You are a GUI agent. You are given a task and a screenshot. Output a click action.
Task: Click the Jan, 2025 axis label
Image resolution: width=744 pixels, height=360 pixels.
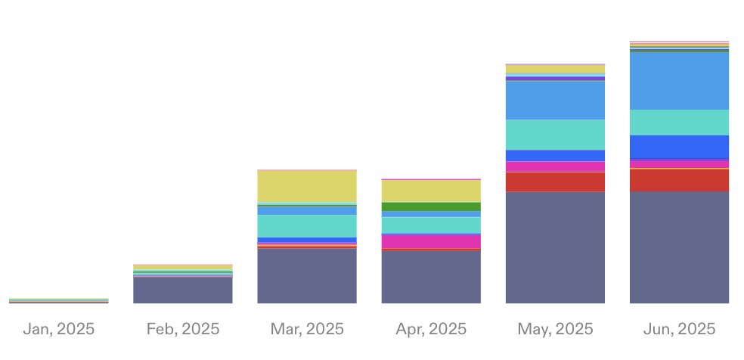[x=59, y=329]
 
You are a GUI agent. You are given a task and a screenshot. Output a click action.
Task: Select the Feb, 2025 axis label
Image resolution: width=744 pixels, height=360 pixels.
[x=183, y=329]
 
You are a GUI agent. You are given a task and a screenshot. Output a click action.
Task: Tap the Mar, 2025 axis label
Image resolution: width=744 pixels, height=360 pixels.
[x=307, y=329]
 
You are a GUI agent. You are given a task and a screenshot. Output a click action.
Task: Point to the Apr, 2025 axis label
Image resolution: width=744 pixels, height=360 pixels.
[x=431, y=329]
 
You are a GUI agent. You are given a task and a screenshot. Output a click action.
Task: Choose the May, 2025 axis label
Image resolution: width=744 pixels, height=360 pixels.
[x=555, y=329]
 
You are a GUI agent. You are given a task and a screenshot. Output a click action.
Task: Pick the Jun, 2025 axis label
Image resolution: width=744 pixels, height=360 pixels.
[x=679, y=329]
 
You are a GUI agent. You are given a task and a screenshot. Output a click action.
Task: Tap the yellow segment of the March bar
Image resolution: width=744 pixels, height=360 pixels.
[x=307, y=186]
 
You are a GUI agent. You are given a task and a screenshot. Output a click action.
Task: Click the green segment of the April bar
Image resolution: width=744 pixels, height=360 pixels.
[x=431, y=206]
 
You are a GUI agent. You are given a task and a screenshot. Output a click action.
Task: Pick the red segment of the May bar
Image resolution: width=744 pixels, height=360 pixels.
[x=555, y=182]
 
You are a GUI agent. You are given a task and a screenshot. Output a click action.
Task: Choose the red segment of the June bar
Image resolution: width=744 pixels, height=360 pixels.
[x=679, y=180]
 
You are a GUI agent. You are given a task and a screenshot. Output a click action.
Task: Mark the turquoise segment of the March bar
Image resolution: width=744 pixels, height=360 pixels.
[x=307, y=226]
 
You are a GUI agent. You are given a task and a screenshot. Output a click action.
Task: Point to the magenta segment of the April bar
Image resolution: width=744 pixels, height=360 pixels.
[x=431, y=241]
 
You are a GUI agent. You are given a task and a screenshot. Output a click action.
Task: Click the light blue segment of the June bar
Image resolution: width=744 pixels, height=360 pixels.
[x=679, y=81]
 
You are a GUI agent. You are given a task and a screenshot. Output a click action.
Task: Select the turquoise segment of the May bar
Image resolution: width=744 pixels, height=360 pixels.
[x=555, y=135]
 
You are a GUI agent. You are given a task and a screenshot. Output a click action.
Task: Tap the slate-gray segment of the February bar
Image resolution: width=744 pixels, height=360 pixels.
[x=183, y=290]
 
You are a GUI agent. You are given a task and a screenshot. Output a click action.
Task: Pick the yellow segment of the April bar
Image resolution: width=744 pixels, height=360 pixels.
[x=431, y=191]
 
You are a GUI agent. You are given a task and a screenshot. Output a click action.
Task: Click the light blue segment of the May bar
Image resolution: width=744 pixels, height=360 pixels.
[x=555, y=100]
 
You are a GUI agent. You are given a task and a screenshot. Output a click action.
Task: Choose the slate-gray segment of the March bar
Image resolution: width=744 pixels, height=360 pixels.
[x=307, y=276]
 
